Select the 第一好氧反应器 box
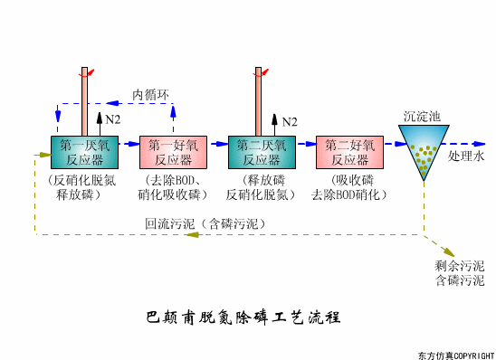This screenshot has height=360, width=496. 173,151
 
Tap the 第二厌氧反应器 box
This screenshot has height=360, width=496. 261,151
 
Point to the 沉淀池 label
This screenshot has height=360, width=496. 422,117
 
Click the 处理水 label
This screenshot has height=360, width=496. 467,156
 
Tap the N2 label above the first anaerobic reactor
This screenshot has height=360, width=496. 113,118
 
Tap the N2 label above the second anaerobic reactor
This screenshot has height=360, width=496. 290,120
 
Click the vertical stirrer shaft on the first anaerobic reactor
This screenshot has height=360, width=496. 84,100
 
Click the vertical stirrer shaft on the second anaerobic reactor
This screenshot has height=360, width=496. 261,100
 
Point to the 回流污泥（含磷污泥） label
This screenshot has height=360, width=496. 205,223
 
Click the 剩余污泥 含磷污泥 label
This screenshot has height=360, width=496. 459,273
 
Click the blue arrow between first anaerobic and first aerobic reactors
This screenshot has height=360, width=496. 128,145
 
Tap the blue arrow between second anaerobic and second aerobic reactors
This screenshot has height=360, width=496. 304,145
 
